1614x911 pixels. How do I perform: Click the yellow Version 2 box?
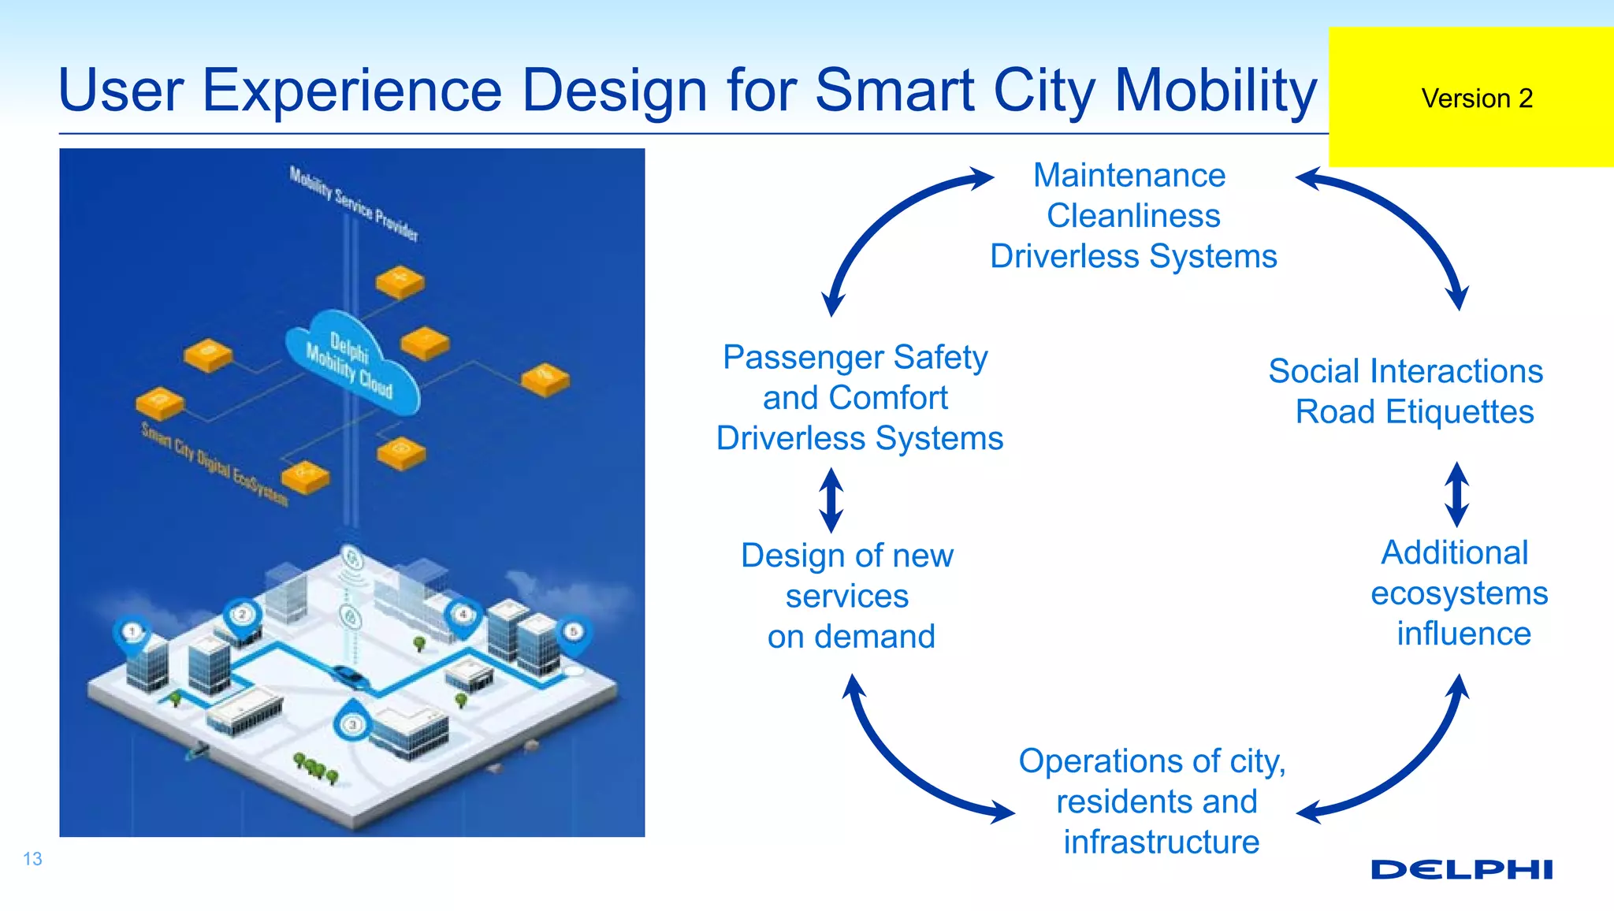[x=1471, y=97]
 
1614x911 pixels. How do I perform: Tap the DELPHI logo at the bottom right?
[x=1461, y=869]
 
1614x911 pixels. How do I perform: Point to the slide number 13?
[x=32, y=859]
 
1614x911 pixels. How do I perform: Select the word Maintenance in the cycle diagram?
[x=1129, y=175]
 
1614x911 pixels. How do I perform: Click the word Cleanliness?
[x=1133, y=216]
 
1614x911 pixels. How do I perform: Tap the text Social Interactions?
[x=1405, y=371]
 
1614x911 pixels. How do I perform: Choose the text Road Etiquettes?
[x=1415, y=412]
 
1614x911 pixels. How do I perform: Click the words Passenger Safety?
[x=855, y=358]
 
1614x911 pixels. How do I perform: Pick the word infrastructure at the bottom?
[x=1161, y=842]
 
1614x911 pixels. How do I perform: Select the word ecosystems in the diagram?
[x=1459, y=593]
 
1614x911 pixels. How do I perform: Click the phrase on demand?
[x=851, y=637]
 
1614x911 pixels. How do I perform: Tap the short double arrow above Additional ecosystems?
[x=1456, y=494]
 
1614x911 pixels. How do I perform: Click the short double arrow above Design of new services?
[x=831, y=500]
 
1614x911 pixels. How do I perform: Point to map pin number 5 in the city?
[x=574, y=633]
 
